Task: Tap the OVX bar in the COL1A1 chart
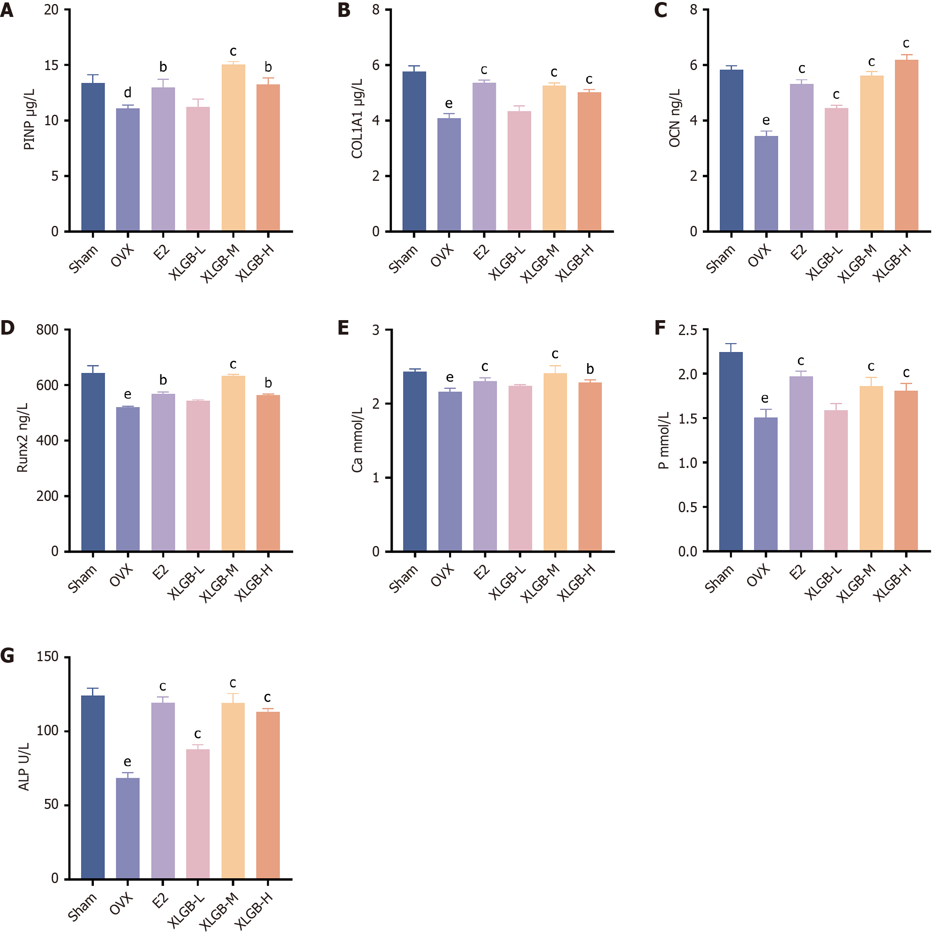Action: (449, 174)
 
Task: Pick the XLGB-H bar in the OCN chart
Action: (906, 145)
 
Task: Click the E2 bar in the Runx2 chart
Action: (163, 472)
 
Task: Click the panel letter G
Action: (7, 656)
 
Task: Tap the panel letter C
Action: (661, 10)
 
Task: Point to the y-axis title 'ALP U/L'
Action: (24, 767)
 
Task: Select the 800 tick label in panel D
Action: (47, 330)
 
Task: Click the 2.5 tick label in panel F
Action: (688, 331)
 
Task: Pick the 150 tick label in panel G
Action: (48, 657)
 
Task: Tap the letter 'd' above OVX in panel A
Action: (128, 93)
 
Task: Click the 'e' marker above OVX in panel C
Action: (766, 120)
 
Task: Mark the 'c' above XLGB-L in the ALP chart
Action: (197, 734)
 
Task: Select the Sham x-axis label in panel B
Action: (403, 259)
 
